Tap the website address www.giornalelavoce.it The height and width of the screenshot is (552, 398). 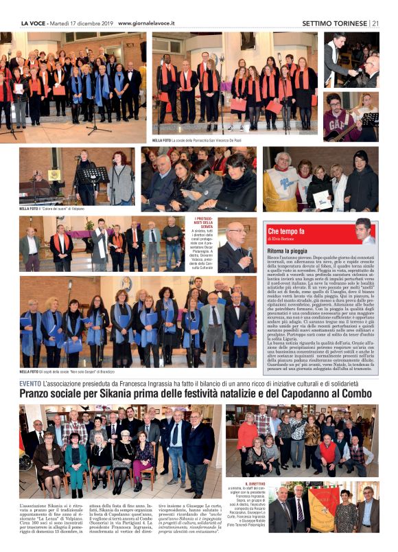146,23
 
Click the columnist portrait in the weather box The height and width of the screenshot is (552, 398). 363,232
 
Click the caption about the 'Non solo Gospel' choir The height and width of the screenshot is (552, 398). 68,371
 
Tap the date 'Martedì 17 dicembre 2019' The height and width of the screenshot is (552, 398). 80,23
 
